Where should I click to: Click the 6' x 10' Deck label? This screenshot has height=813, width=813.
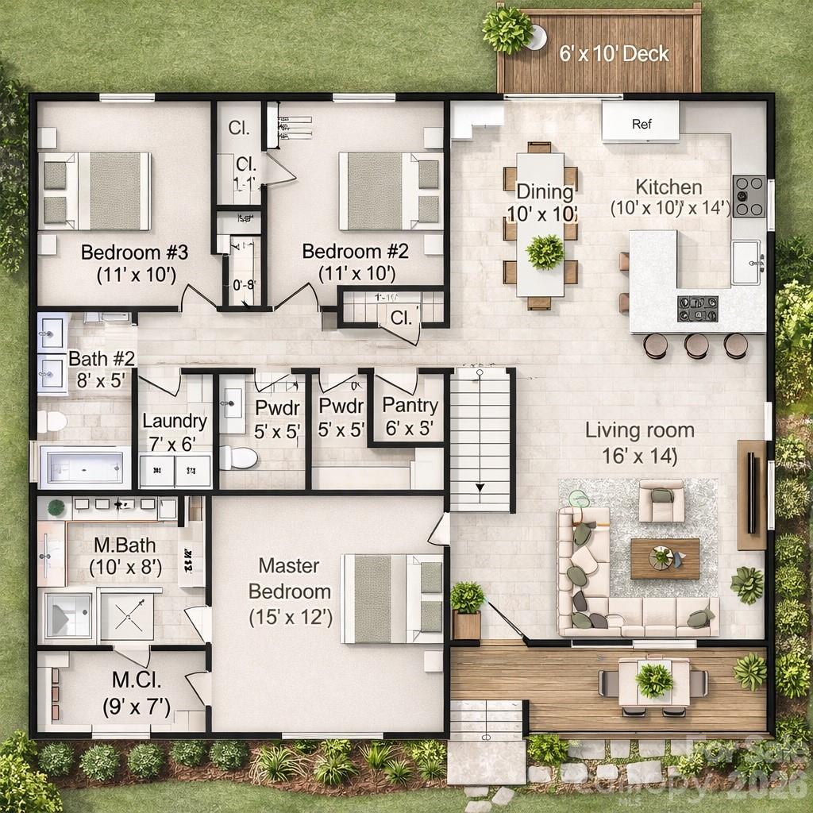(613, 54)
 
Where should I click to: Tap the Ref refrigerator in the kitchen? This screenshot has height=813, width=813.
(641, 123)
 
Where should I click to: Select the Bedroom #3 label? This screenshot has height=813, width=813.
(134, 253)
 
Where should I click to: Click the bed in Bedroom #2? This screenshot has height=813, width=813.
(390, 191)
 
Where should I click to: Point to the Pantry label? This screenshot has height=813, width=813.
(410, 406)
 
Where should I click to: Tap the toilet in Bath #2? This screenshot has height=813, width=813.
(52, 422)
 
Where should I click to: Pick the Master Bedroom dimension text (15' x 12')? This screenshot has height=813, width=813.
(290, 616)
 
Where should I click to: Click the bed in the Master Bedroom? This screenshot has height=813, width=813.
(391, 598)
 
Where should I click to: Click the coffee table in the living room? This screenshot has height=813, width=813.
(665, 558)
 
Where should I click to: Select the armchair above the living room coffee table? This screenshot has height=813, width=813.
(661, 500)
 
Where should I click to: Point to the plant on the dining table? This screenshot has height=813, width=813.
(545, 251)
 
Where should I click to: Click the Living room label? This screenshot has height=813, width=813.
(640, 430)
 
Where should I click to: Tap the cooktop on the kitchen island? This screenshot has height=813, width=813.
(697, 308)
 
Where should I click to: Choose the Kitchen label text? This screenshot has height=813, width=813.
(669, 187)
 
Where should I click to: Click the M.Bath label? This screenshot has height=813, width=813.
(125, 545)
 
